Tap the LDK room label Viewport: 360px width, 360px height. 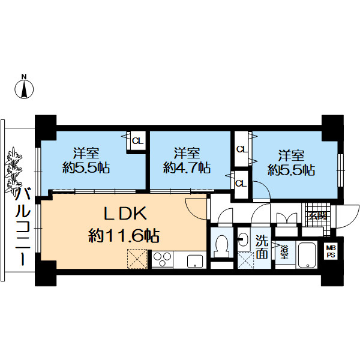(x=125, y=214)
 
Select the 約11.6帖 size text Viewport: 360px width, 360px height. (x=124, y=236)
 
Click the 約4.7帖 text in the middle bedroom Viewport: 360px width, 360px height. (x=187, y=167)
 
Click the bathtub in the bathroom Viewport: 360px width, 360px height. (x=307, y=254)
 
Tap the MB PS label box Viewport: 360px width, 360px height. (x=331, y=251)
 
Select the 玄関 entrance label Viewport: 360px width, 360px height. (x=317, y=216)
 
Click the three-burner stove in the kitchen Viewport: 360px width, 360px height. (x=162, y=259)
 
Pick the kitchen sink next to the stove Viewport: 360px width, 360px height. (x=195, y=262)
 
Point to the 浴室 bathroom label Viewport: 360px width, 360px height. (x=284, y=253)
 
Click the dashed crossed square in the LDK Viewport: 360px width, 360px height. (x=137, y=259)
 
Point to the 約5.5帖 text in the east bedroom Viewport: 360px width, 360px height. (x=291, y=170)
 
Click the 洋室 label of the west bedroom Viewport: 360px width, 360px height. (x=86, y=153)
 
